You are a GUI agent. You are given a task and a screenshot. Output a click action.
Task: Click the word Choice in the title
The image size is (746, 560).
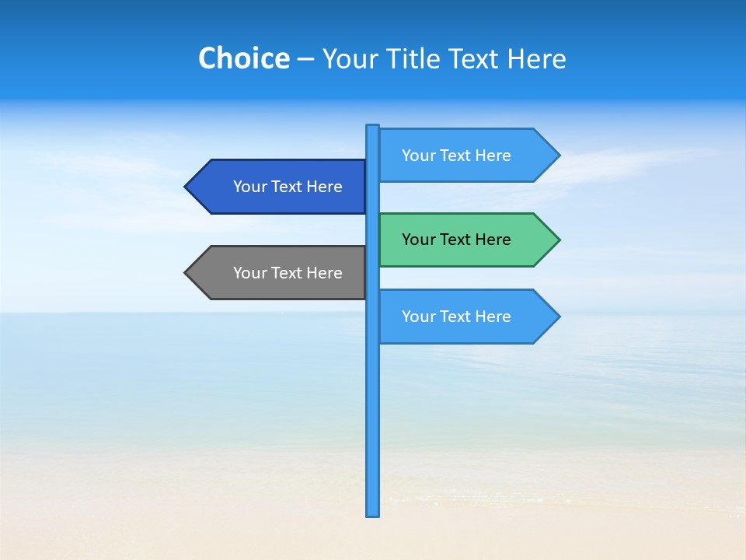243,59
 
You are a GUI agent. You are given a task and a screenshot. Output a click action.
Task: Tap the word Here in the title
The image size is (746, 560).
536,59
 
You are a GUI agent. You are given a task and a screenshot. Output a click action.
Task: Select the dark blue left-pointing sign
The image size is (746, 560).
280,187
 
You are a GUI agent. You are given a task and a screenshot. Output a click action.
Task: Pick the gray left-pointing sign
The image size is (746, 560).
280,273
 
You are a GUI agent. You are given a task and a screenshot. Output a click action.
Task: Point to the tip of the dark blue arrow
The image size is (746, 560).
186,187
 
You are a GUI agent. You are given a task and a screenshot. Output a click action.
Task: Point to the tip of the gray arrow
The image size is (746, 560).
186,273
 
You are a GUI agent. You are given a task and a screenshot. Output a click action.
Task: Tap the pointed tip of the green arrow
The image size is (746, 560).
558,240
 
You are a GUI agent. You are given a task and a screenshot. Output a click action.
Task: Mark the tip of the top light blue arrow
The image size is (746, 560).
558,156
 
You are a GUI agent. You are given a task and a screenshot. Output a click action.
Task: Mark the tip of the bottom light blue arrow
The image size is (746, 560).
558,317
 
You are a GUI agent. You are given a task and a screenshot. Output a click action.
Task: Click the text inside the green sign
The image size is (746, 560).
456,240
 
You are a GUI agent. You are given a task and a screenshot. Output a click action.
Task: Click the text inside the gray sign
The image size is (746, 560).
288,273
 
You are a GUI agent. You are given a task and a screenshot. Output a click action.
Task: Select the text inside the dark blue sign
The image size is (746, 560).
288,187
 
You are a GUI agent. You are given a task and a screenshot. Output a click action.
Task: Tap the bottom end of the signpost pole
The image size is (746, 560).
373,513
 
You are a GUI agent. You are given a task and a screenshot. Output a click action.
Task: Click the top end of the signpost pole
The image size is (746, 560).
373,128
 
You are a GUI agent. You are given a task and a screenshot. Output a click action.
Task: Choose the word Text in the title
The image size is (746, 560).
477,59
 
